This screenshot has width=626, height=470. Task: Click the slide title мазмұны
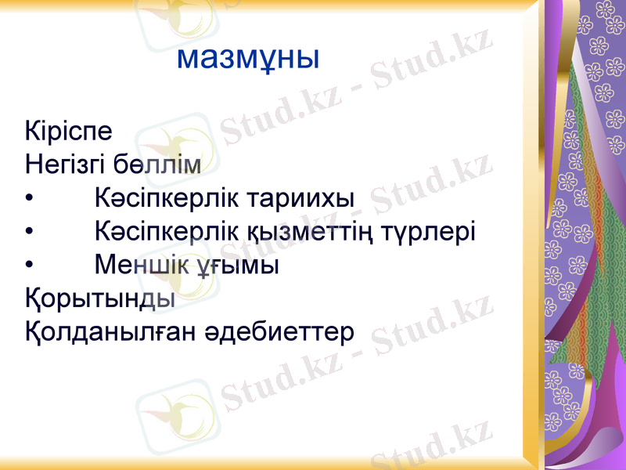click(248, 56)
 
